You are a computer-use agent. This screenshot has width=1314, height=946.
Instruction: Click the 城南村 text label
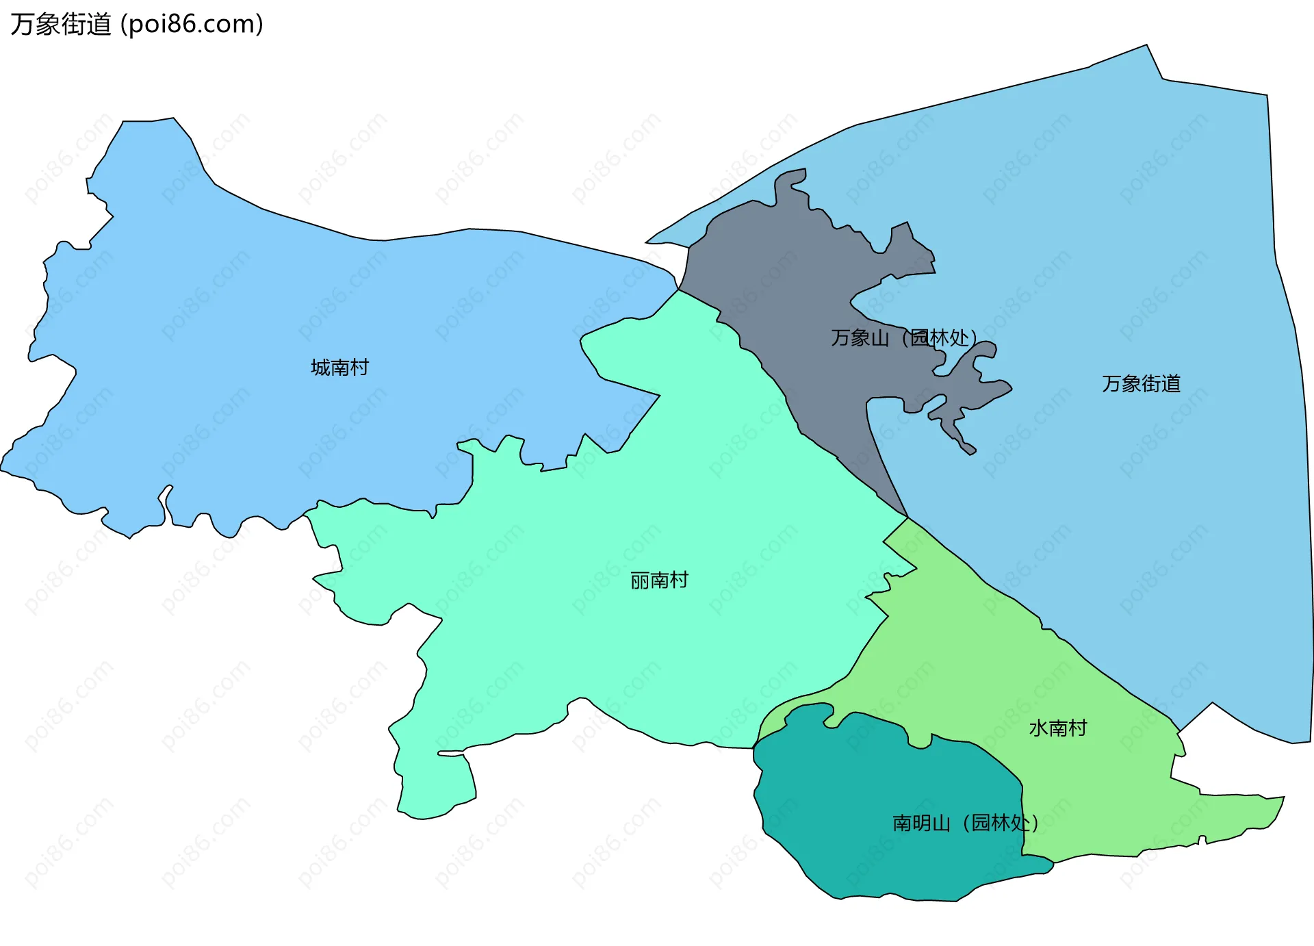[339, 368]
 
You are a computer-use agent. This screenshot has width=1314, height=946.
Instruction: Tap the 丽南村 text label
[659, 580]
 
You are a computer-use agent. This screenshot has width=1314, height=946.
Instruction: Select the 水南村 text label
[1058, 728]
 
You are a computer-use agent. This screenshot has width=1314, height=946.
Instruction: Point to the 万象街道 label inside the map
[1141, 383]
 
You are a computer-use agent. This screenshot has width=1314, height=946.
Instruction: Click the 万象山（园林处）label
[903, 337]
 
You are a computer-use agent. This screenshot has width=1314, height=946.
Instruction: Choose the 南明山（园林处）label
[965, 822]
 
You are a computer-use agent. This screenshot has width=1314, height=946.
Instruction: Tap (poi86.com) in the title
[192, 24]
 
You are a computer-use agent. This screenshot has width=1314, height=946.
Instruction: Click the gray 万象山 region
[787, 287]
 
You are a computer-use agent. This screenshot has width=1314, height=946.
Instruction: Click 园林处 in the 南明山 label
[1000, 822]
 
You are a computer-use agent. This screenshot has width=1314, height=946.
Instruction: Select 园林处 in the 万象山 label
[939, 337]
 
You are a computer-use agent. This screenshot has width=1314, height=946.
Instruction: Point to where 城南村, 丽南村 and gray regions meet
[678, 290]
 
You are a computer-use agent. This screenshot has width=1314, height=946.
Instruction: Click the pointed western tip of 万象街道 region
[650, 241]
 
